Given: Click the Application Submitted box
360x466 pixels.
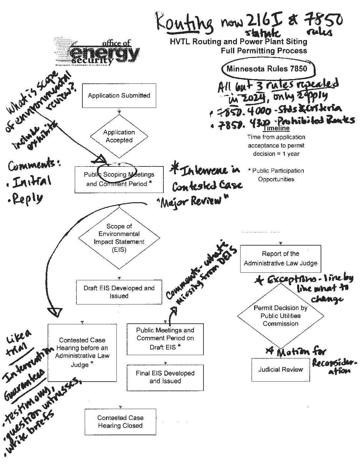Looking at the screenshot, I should tap(119, 96).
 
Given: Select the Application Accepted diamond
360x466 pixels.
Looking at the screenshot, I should tap(119, 136).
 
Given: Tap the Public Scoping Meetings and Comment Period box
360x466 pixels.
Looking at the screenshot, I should tap(119, 179).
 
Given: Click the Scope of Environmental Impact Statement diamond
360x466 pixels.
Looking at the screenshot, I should tap(119, 238).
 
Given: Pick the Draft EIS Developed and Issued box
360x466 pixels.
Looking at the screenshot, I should tap(119, 292).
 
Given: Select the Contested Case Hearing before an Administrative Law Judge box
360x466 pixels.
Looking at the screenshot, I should tap(82, 352).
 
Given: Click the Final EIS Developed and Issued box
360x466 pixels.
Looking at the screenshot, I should tap(165, 377).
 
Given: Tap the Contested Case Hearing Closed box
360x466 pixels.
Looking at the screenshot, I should tap(120, 422).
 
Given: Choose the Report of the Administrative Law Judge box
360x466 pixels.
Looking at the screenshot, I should tap(280, 258).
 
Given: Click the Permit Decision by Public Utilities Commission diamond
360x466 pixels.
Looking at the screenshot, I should tap(280, 316).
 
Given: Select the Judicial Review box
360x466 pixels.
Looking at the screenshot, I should tap(280, 370).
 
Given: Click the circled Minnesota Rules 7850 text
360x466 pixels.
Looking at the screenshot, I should tap(267, 69).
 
